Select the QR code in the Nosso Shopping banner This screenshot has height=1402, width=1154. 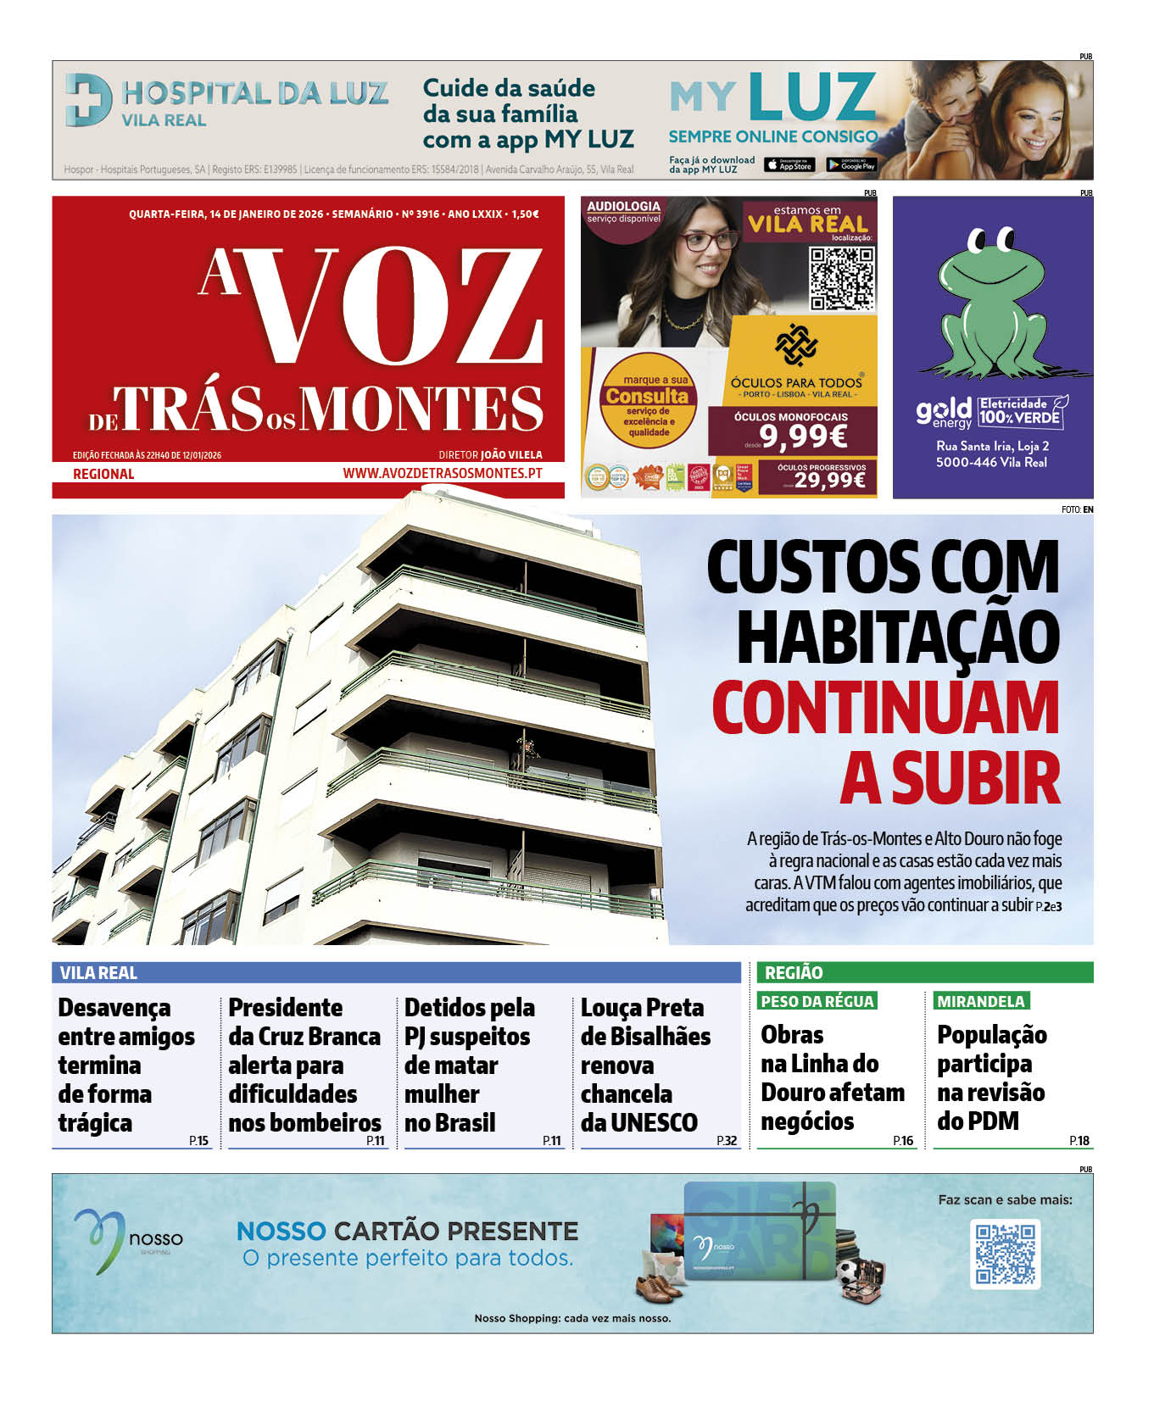tap(1005, 1254)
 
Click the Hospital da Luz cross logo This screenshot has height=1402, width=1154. tap(88, 101)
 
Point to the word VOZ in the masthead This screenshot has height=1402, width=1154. tap(394, 306)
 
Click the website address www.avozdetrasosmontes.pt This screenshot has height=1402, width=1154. tap(442, 474)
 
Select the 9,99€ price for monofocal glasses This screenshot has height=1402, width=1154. tap(803, 437)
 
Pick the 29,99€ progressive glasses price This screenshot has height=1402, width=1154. tap(829, 481)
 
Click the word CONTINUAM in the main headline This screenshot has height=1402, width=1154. tap(885, 708)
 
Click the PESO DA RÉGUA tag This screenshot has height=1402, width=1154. tap(817, 1001)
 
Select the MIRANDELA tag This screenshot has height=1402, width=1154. tap(980, 1001)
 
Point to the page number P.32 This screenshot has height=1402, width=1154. tap(726, 1141)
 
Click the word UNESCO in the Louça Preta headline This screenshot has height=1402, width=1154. tap(654, 1122)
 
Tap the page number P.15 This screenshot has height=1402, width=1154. tap(198, 1141)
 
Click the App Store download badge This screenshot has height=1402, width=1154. tap(789, 165)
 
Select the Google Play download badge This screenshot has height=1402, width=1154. tap(851, 165)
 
